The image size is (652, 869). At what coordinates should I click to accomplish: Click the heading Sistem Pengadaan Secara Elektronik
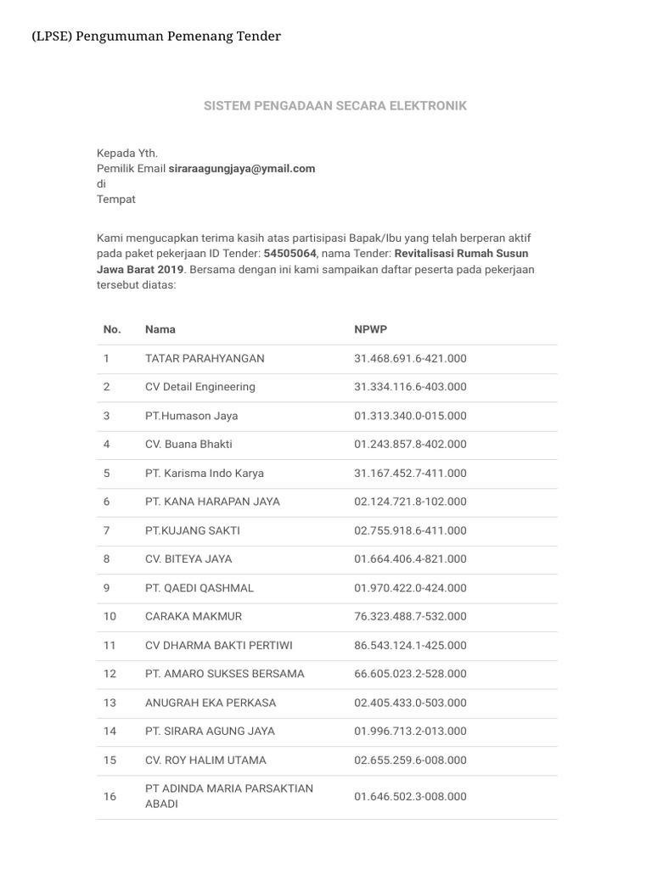click(334, 106)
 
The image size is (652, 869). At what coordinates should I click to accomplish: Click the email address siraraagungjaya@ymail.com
click(242, 168)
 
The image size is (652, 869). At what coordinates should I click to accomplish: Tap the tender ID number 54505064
click(290, 253)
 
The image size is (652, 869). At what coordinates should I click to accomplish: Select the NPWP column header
click(370, 329)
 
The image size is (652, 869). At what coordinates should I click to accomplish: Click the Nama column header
click(160, 329)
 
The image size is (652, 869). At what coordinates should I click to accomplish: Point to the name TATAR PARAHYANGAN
click(205, 358)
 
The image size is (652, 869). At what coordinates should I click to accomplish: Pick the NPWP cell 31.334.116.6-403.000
click(410, 387)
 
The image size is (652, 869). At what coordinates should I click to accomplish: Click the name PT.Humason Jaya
click(191, 416)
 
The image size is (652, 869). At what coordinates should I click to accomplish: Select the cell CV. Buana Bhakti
click(188, 444)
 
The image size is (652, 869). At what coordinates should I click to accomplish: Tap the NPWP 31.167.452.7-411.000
click(410, 473)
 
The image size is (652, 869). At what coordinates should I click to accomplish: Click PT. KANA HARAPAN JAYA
click(212, 502)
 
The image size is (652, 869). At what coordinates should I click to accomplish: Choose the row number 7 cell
click(107, 530)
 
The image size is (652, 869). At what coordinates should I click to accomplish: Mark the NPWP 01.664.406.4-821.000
click(410, 559)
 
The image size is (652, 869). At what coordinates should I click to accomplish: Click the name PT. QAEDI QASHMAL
click(200, 588)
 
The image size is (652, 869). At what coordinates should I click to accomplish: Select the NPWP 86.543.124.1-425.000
click(410, 645)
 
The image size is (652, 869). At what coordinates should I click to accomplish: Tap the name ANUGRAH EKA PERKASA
click(211, 703)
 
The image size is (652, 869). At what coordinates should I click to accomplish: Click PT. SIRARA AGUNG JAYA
click(210, 732)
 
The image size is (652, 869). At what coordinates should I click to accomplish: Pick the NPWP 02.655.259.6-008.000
click(410, 760)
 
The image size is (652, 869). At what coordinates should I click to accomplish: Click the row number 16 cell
click(110, 796)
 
